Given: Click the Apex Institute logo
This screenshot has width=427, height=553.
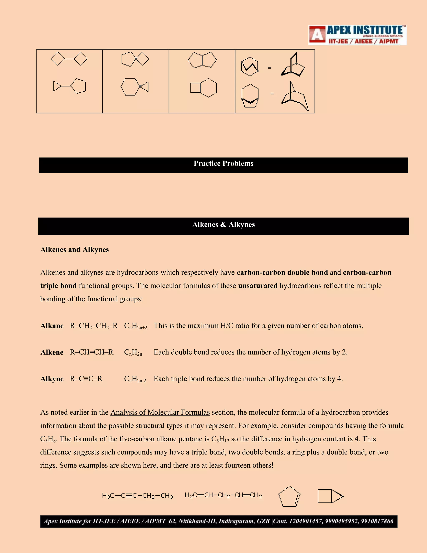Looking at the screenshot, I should pos(357,35).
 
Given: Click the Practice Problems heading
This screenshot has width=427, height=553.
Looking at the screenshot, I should pos(223,164).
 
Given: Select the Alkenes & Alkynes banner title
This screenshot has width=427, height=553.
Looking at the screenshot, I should pos(223,225).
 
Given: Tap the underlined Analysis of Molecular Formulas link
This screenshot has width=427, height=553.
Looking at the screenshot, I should pos(160,413).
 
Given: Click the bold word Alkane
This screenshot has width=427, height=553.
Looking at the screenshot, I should pos(52,326).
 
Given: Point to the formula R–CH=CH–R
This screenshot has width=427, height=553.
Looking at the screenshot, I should pos(92,352).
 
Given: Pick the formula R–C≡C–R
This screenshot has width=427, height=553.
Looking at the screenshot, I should pos(86,379).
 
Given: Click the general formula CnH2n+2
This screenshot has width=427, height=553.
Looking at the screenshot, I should pos(135,326).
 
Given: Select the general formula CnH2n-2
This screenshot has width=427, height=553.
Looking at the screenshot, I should pos(135,379).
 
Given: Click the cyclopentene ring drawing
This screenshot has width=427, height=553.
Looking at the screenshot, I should pos(289,496).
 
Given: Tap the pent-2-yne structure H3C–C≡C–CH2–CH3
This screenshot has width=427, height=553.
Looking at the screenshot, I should pos(137,496).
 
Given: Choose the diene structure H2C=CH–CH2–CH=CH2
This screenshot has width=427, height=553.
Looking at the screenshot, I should pos(223,495).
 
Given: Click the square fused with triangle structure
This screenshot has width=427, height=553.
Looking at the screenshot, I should pos(330,496).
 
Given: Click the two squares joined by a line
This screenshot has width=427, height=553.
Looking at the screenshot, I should pos(69,59).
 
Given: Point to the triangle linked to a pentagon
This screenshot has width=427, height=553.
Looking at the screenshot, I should pos(69,86).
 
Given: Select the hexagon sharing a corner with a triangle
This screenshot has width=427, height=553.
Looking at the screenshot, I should pos(134,87).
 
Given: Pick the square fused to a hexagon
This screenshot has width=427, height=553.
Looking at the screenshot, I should pos(203,88).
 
